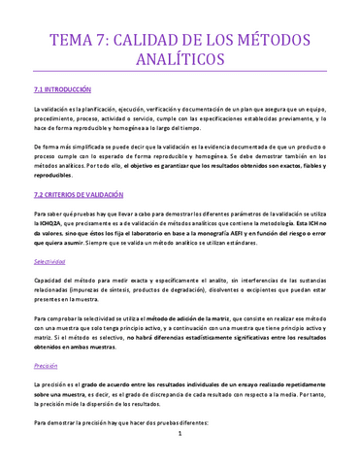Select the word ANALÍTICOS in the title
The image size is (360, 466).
[x=180, y=62]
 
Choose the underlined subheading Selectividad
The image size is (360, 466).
[x=49, y=262]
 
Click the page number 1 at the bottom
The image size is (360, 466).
[x=180, y=448]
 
